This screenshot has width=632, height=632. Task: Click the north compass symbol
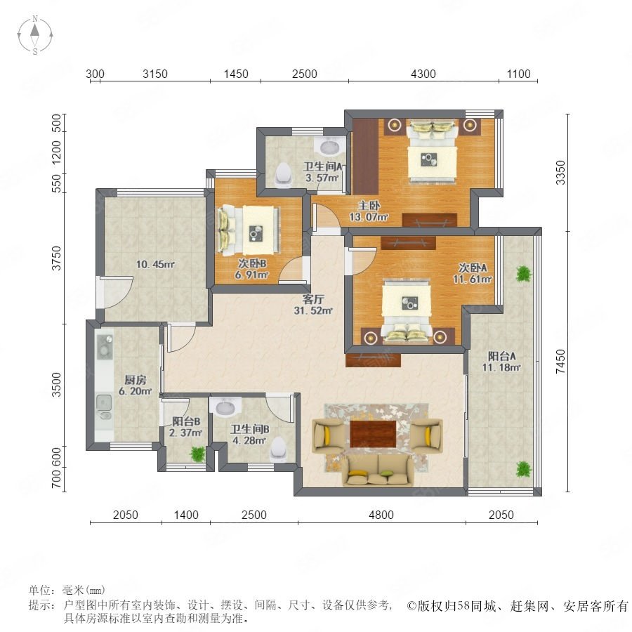pos(35,35)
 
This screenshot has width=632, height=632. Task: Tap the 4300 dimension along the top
pos(423,74)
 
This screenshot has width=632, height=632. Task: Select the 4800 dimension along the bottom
pos(381,515)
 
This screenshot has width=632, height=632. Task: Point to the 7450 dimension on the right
pos(560,361)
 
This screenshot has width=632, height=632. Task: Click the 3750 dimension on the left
pos(57,258)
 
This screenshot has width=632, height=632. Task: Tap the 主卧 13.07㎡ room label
pos(369,211)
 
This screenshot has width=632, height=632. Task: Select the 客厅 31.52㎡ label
pos(313,305)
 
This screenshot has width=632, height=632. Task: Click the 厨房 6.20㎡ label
pos(135,386)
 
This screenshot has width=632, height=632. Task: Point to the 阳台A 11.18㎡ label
pos(501,362)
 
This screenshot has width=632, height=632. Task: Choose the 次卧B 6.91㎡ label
pos(251,269)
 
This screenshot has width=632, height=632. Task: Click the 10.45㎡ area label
pos(155,265)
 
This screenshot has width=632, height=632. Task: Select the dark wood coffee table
pos(374,434)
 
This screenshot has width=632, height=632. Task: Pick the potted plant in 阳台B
pos(198,454)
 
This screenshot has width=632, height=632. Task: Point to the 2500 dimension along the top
pos(305,74)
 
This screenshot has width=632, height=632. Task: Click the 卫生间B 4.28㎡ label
pos(250,435)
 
